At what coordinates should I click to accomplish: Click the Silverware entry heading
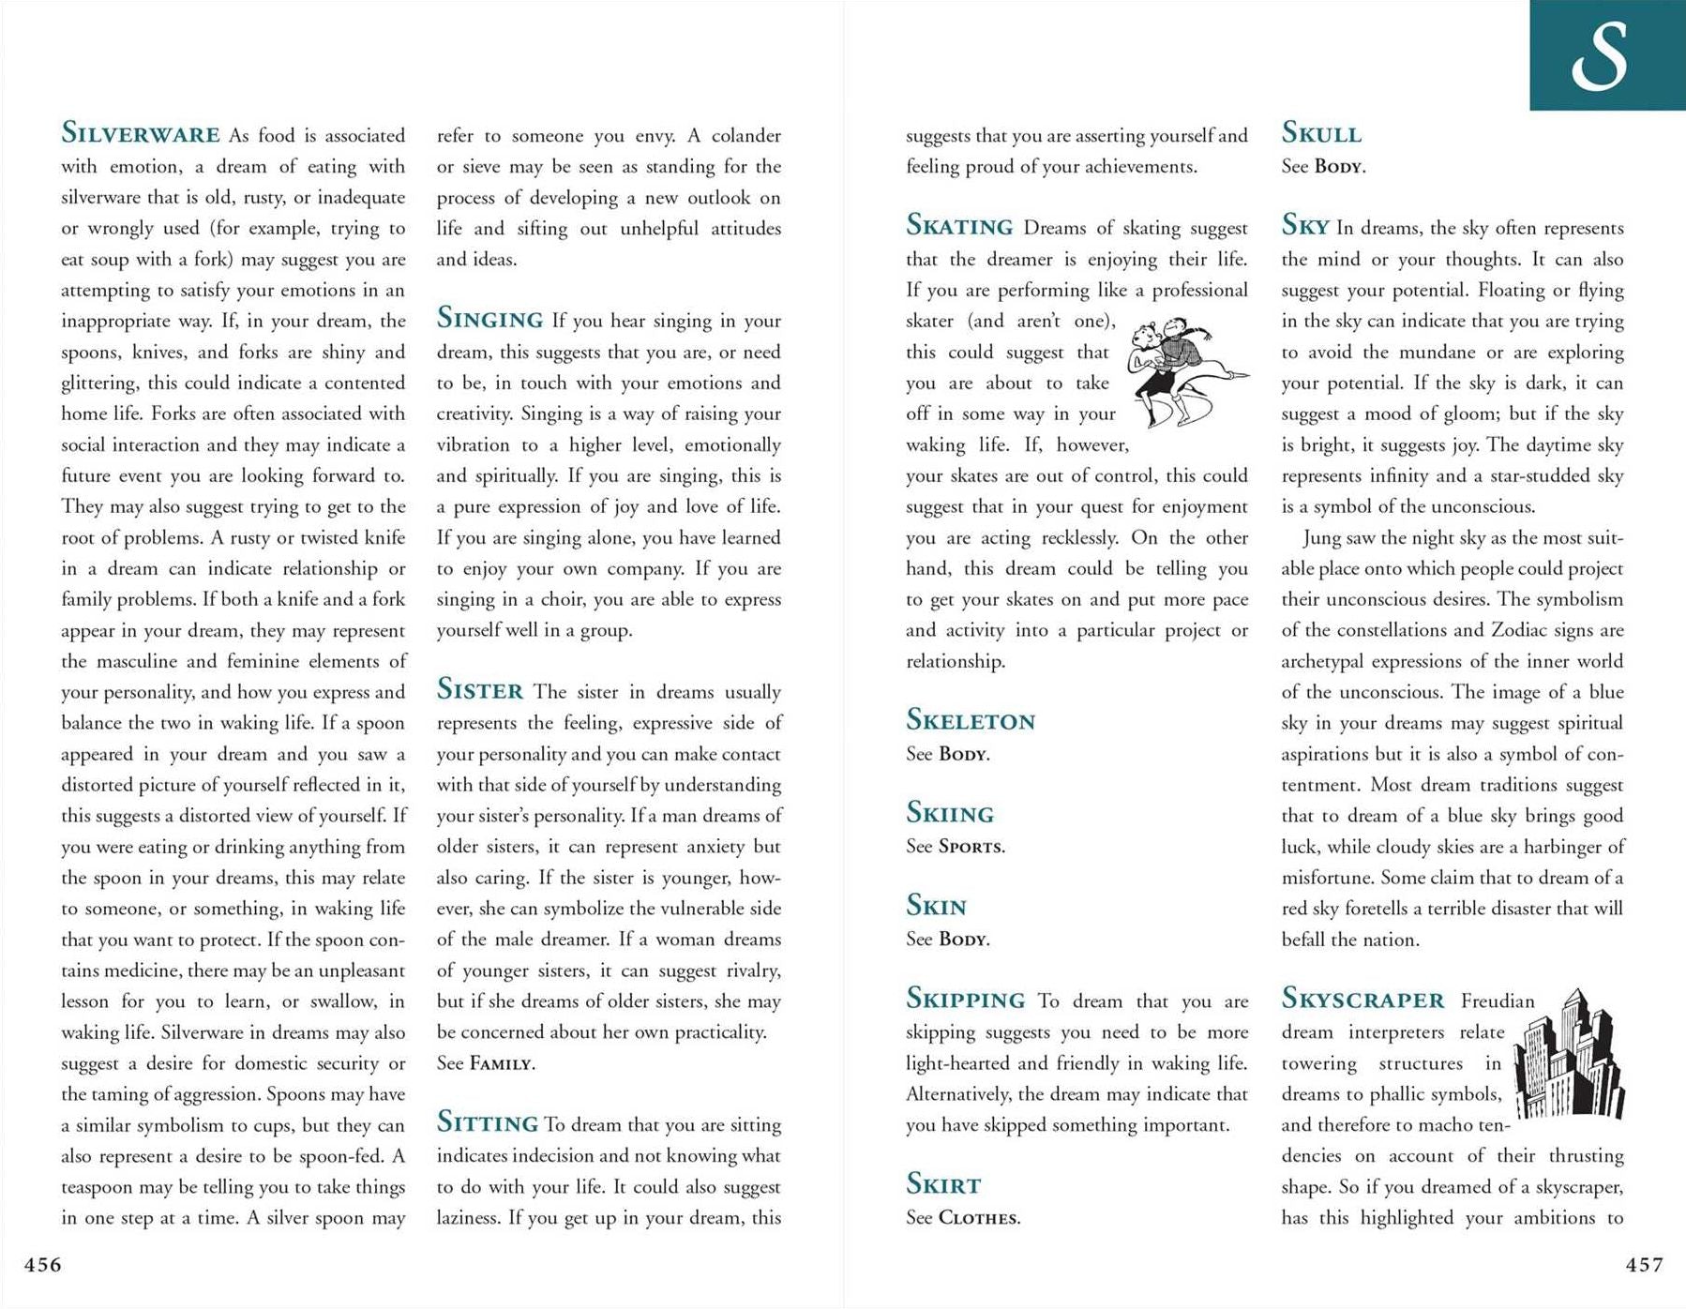[141, 133]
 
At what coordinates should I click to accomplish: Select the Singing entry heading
[489, 319]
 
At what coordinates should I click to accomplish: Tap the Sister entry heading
[480, 690]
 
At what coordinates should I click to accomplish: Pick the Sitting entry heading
[487, 1122]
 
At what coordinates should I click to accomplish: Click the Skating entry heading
[959, 226]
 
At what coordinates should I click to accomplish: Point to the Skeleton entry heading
[971, 720]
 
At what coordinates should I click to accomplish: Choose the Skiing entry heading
[950, 813]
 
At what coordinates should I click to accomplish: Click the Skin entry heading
[936, 906]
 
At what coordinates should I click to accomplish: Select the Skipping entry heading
[966, 999]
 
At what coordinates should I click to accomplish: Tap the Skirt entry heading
[943, 1184]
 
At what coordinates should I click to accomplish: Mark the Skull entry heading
[1321, 133]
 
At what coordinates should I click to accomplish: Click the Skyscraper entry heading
[1362, 999]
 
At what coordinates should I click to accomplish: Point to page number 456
[43, 1265]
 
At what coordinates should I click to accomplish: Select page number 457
[1645, 1265]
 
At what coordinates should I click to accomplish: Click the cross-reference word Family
[502, 1064]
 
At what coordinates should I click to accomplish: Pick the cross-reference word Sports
[971, 847]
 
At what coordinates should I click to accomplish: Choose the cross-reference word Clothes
[979, 1218]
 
